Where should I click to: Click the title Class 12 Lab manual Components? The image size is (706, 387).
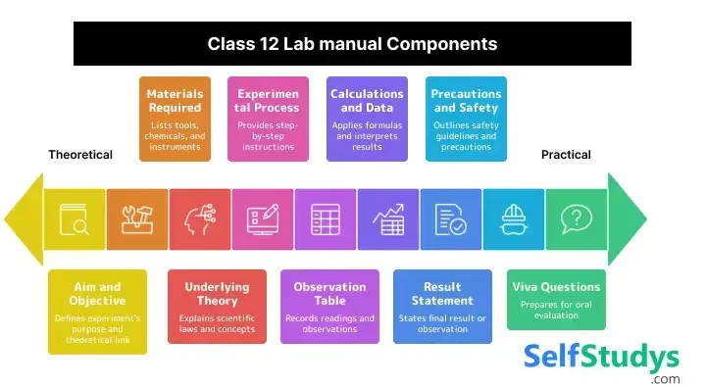[x=352, y=44]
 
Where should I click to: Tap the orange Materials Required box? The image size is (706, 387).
[x=175, y=119]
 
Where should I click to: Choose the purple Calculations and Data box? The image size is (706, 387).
[x=366, y=119]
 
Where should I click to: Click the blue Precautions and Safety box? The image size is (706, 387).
[x=466, y=119]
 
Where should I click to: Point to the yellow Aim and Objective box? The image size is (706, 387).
[x=97, y=311]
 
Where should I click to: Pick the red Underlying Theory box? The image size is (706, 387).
[x=217, y=307]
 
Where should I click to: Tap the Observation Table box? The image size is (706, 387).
[x=329, y=307]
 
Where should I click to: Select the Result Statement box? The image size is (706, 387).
[x=442, y=307]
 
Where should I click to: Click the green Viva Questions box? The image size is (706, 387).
[x=556, y=299]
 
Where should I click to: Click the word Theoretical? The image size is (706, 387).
[x=80, y=155]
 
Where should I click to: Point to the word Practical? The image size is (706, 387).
[x=566, y=155]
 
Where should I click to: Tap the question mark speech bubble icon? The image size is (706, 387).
[x=577, y=218]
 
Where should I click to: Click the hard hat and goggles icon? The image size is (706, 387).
[x=514, y=218]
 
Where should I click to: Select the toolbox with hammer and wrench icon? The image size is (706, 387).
[x=137, y=218]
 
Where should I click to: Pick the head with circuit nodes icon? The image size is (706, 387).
[x=200, y=218]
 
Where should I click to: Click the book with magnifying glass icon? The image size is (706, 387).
[x=75, y=218]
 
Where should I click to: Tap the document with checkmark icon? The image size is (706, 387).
[x=451, y=218]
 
